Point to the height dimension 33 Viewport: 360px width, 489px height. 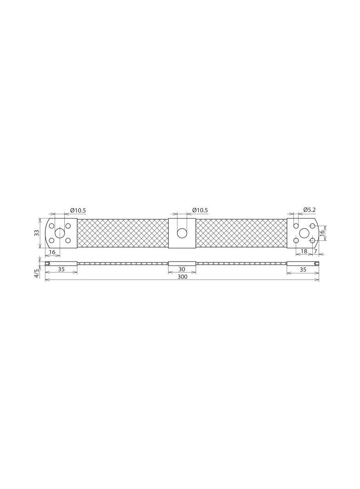37,233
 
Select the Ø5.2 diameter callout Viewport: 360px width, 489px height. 309,210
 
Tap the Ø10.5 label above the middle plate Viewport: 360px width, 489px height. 200,210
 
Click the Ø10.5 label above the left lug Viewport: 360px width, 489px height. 78,210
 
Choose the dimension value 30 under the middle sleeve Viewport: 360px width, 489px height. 182,269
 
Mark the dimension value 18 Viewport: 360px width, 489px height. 304,251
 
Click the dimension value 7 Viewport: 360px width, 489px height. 315,251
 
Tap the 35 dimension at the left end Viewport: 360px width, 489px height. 61,269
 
